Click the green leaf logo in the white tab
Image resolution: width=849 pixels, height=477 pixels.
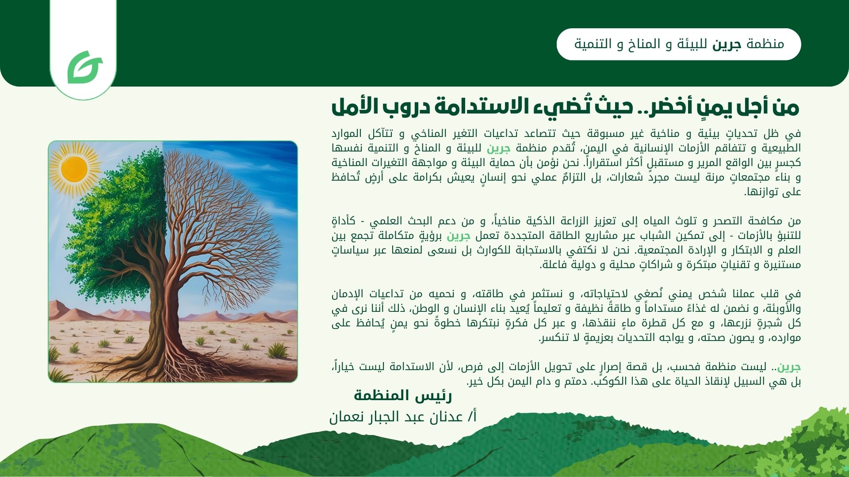click(x=84, y=67)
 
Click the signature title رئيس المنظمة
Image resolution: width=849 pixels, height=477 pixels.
click(x=403, y=395)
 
